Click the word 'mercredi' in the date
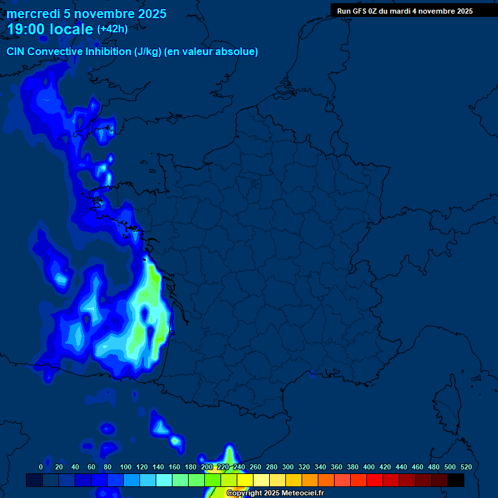pyautogui.click(x=34, y=14)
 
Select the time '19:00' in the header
pyautogui.click(x=26, y=30)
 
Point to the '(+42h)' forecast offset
pyautogui.click(x=112, y=29)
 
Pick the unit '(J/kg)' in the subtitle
pyautogui.click(x=148, y=52)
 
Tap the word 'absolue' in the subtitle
pyautogui.click(x=238, y=52)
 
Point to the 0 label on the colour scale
pyautogui.click(x=41, y=467)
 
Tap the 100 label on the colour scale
pyautogui.click(x=126, y=467)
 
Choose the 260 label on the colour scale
pyautogui.click(x=255, y=467)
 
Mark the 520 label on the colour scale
pyautogui.click(x=466, y=467)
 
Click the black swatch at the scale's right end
pyautogui.click(x=456, y=480)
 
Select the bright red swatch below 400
pyautogui.click(x=375, y=480)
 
